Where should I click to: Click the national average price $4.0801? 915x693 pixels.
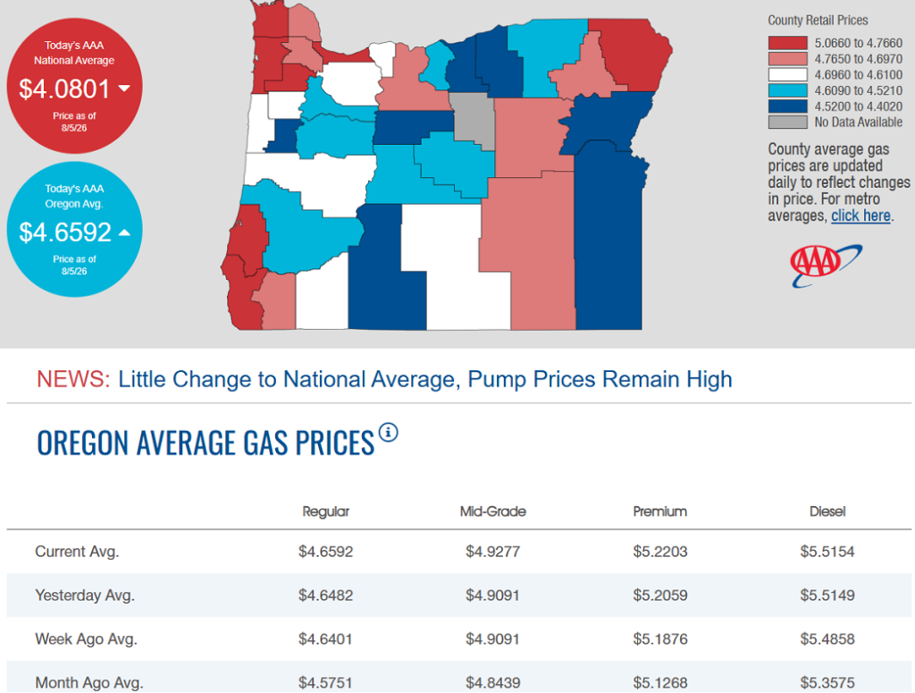(x=64, y=89)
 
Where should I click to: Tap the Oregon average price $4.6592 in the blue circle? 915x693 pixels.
(x=64, y=232)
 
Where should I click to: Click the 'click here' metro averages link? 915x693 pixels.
(x=860, y=216)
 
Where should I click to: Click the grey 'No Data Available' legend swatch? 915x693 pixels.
(x=788, y=122)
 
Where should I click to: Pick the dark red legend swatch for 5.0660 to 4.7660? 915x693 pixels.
(x=788, y=43)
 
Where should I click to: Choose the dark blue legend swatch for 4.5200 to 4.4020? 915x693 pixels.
(x=788, y=106)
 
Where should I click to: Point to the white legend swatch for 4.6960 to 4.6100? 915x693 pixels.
(x=788, y=75)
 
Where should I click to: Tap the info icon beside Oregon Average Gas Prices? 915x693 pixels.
(x=388, y=433)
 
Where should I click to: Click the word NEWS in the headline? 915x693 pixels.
(x=73, y=379)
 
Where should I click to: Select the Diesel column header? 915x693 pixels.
(x=827, y=511)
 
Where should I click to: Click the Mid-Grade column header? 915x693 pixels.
(x=493, y=511)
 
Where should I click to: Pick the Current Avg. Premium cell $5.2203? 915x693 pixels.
(x=660, y=552)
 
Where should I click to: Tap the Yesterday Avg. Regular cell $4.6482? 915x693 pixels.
(x=325, y=596)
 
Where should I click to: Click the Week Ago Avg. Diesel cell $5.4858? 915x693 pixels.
(x=827, y=639)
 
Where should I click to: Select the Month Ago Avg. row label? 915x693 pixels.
(x=89, y=682)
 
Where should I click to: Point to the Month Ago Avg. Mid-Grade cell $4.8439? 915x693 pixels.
(x=493, y=682)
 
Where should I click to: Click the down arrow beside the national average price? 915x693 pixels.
(x=124, y=89)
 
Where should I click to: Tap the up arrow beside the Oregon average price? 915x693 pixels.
(x=124, y=232)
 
